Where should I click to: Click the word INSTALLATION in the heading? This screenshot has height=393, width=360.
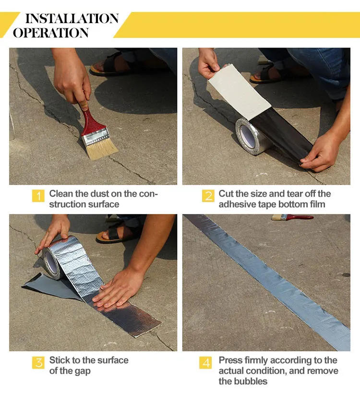click(x=72, y=19)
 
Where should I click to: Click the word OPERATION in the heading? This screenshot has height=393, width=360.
click(x=51, y=33)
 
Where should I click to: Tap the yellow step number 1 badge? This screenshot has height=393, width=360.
click(x=38, y=196)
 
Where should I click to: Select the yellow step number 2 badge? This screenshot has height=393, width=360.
click(x=208, y=196)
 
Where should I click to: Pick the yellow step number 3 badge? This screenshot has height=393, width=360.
click(x=38, y=363)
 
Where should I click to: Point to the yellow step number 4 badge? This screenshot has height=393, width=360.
click(x=205, y=363)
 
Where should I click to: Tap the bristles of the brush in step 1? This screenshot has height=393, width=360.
click(x=102, y=149)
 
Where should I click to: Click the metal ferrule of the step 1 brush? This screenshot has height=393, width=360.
click(x=96, y=136)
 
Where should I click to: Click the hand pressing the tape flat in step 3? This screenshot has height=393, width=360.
click(x=118, y=288)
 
